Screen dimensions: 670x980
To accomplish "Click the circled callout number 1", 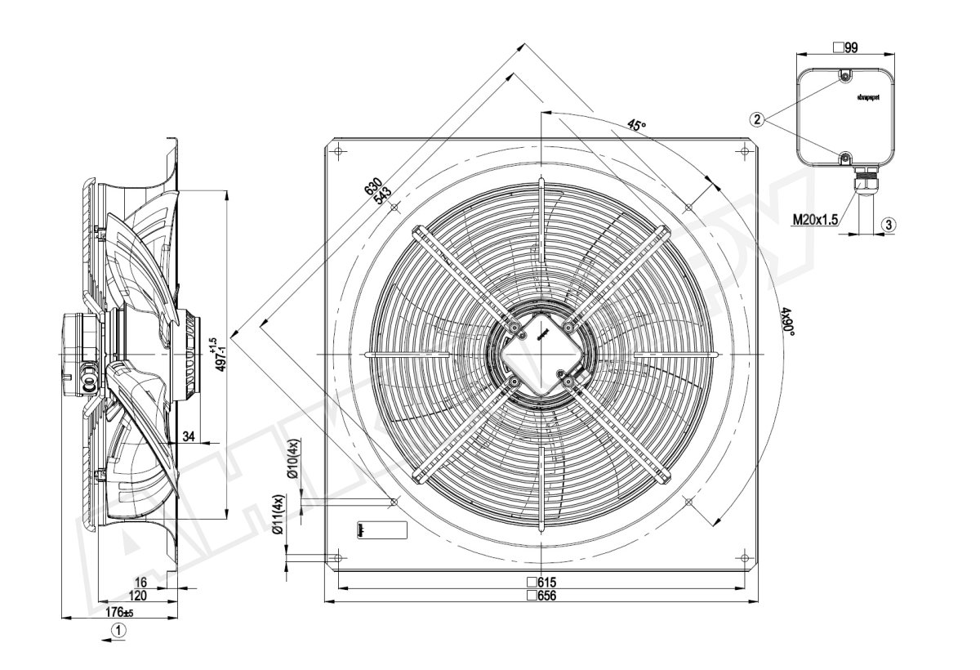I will [x=119, y=630].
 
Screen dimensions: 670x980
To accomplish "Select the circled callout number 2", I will [x=758, y=119].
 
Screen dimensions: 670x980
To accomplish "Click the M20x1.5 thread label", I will [x=814, y=219].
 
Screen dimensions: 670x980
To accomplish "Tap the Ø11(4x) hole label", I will [x=278, y=515].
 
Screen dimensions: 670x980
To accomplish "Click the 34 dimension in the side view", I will [x=189, y=437].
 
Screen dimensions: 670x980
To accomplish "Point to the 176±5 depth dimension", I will [x=119, y=612].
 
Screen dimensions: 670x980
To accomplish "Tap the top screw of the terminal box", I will [x=846, y=77].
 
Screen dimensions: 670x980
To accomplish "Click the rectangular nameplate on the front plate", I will [x=382, y=529].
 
